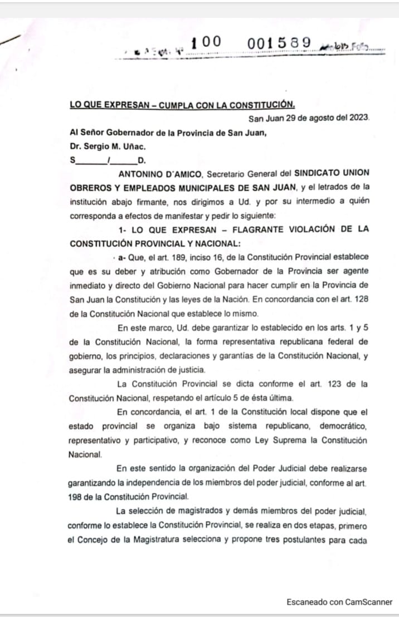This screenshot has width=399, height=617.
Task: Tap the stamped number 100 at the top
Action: coord(206,42)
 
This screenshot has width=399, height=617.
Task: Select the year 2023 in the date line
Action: coord(357,118)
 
